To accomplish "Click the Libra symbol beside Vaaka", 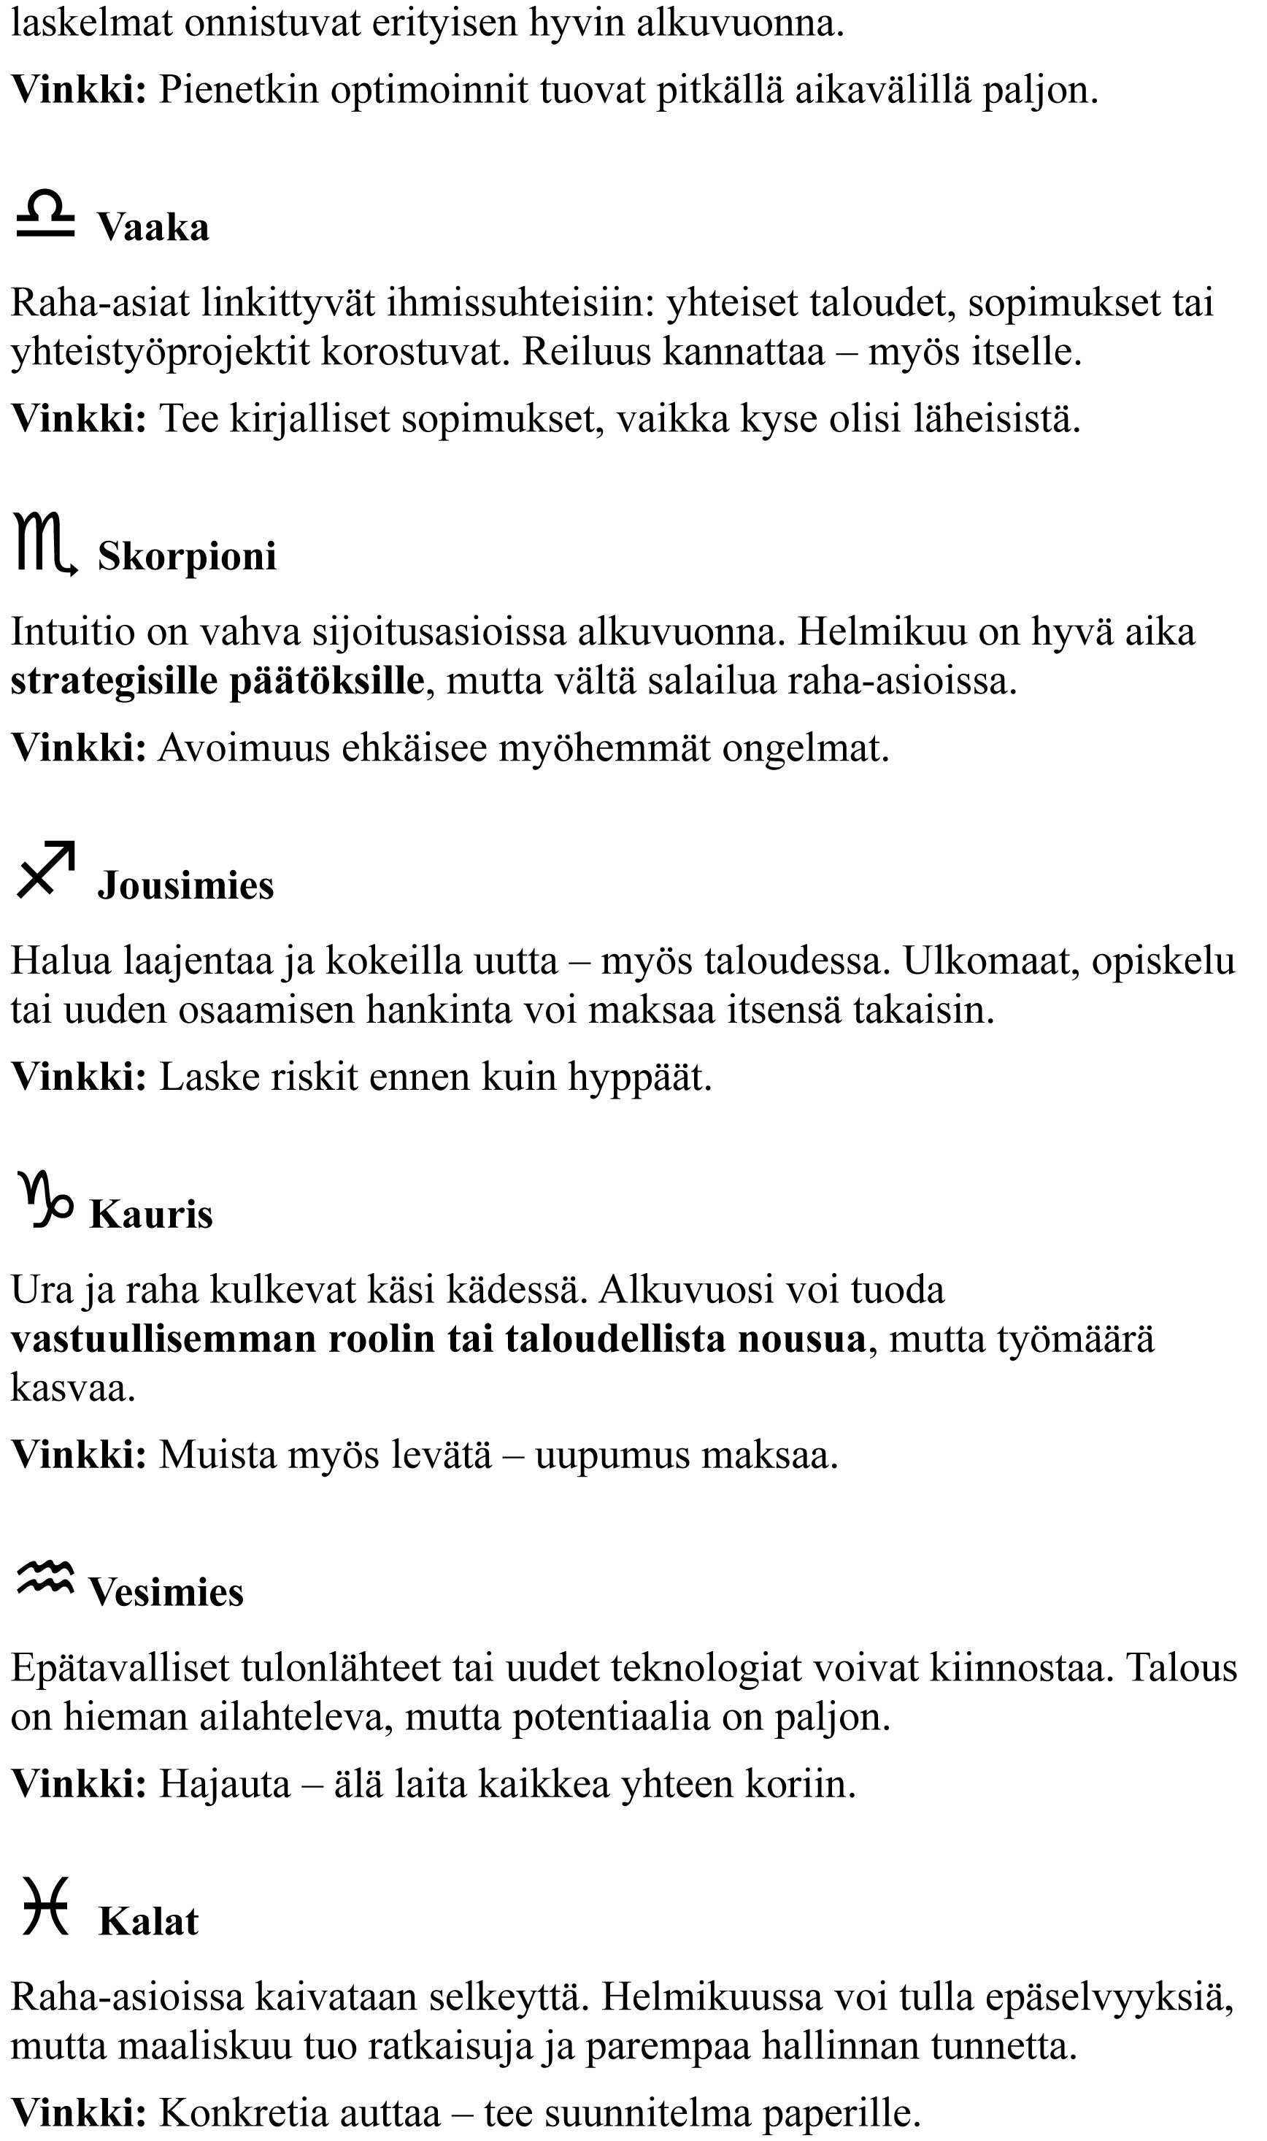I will tap(45, 215).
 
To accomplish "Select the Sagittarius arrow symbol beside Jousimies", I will tap(46, 871).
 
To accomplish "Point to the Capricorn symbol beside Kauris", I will tap(45, 1200).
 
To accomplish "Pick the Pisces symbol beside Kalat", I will tap(45, 1905).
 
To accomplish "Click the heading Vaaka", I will tap(153, 227).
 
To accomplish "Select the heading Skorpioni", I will tap(187, 556).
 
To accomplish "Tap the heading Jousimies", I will tap(185, 885).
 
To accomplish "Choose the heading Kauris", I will tap(151, 1214).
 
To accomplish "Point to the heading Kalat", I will tap(149, 1921).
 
